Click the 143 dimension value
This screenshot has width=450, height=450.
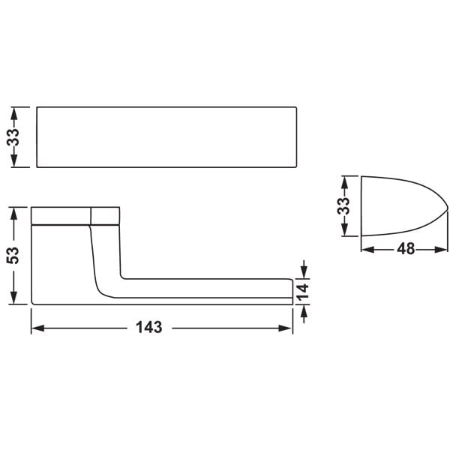tap(149, 328)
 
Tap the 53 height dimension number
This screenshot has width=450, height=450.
tap(13, 255)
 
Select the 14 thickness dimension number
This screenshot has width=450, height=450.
tap(302, 292)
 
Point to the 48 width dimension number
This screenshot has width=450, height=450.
tap(406, 248)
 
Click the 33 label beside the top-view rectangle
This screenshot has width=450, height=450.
tap(13, 137)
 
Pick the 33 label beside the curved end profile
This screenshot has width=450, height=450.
tap(343, 205)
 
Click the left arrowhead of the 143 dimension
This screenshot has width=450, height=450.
tap(38, 328)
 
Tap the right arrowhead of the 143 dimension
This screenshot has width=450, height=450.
tap(286, 328)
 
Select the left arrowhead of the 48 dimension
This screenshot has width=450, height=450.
tap(368, 250)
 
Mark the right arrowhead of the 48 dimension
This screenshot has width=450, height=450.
tap(441, 250)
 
